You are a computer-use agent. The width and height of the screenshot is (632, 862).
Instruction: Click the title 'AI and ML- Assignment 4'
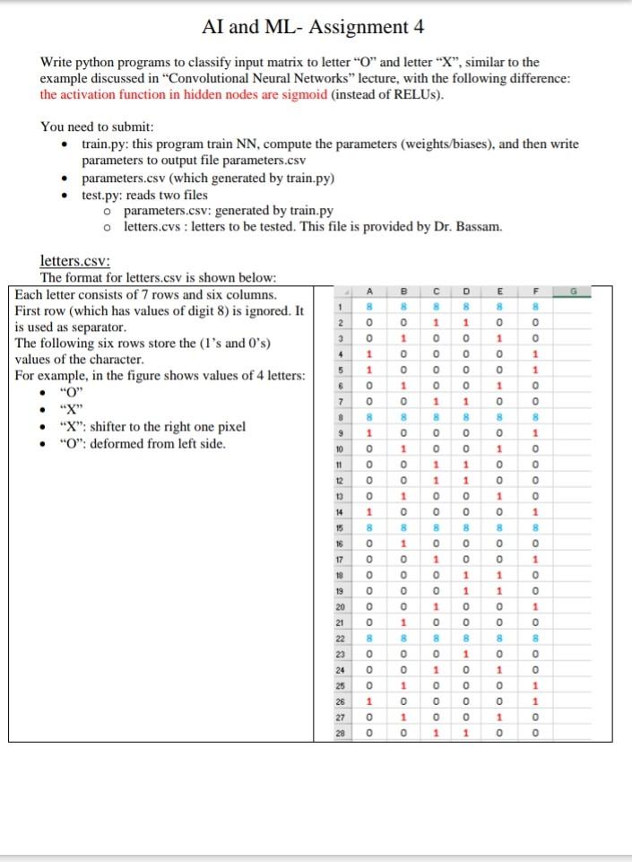[315, 26]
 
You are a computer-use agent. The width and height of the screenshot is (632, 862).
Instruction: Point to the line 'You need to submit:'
[98, 126]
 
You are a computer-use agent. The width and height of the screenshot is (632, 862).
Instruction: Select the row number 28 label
[341, 732]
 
